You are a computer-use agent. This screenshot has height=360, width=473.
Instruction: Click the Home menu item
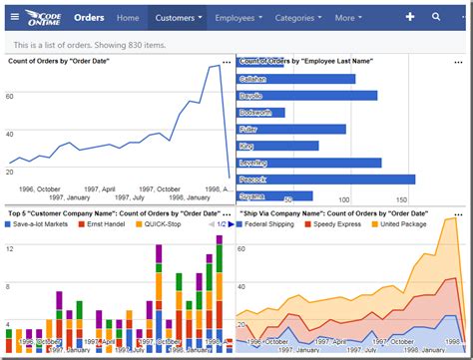click(x=128, y=18)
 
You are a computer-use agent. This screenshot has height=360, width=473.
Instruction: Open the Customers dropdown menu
click(x=179, y=18)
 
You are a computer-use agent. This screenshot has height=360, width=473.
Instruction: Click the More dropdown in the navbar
click(x=349, y=18)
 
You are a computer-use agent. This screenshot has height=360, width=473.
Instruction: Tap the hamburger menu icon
click(x=15, y=18)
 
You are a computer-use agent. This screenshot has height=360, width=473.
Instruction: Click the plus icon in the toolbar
click(x=409, y=17)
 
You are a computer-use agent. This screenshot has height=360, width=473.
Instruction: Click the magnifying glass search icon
click(x=436, y=17)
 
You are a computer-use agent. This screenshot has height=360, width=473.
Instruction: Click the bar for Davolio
click(x=306, y=96)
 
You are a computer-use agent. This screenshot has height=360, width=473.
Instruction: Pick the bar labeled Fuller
click(x=290, y=129)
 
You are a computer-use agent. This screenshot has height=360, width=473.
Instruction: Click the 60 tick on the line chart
click(x=10, y=96)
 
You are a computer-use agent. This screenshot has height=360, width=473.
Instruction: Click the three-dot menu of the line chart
click(x=227, y=62)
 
